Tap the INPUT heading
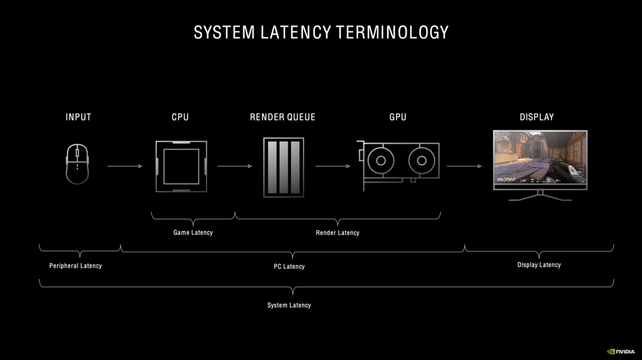[x=78, y=117]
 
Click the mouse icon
[x=78, y=163]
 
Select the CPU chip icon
[x=181, y=167]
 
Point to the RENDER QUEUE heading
[x=282, y=117]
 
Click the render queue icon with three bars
[x=284, y=167]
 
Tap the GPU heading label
[x=398, y=117]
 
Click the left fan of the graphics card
[x=381, y=161]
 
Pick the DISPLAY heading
[x=536, y=117]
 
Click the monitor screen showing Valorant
[x=540, y=159]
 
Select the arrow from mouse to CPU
[x=125, y=166]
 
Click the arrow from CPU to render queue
[x=235, y=166]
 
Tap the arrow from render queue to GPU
[x=334, y=166]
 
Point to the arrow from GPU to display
[x=464, y=166]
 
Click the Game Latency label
[x=193, y=233]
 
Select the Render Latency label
[x=337, y=233]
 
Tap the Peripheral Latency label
[x=76, y=266]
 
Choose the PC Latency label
[x=289, y=266]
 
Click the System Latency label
[x=289, y=305]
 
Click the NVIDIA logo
[x=621, y=351]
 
